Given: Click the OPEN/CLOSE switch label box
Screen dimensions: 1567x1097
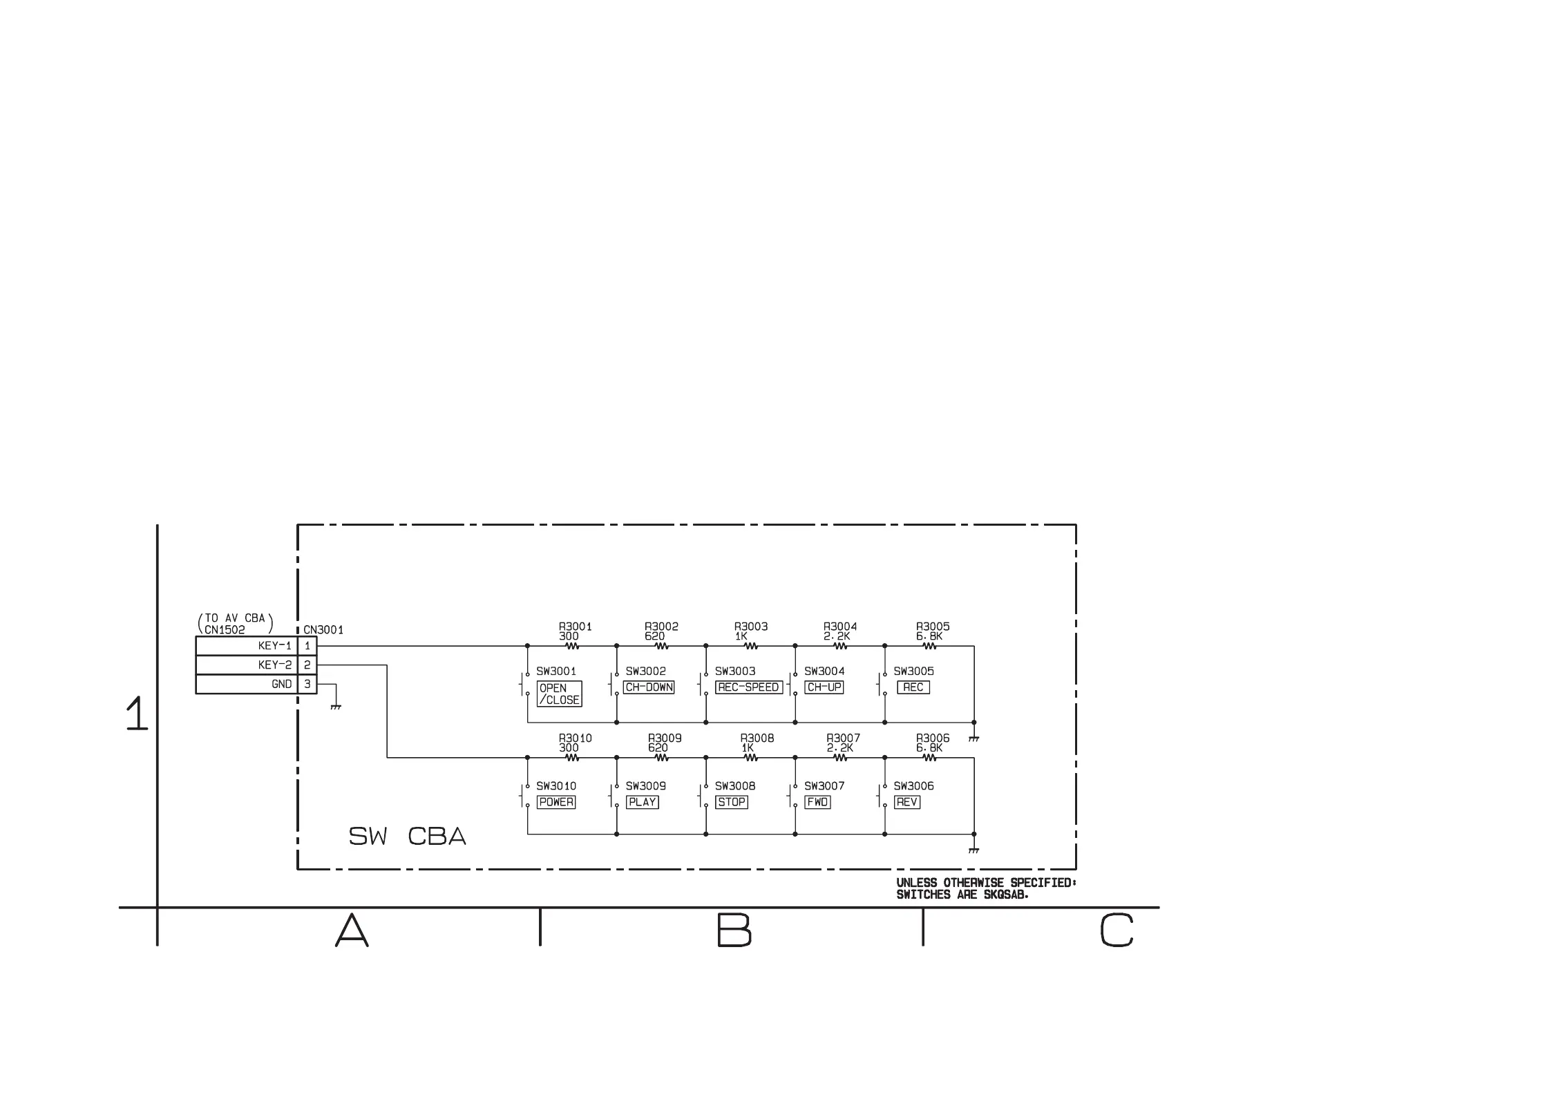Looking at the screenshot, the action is coord(559,694).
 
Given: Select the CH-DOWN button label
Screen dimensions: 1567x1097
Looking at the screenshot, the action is coord(649,687).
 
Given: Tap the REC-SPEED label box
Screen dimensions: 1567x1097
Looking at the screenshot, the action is coord(749,687).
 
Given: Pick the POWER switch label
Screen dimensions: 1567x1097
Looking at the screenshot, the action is coord(556,802).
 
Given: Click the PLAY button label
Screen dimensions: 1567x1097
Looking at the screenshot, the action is coord(643,802).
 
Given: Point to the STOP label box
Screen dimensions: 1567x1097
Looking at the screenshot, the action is coord(732,802).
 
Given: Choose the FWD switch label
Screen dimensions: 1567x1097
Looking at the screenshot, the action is coord(817,802).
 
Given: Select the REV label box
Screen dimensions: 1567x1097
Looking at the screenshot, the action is coord(906,802).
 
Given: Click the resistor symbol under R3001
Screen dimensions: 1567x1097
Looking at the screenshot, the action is coord(572,647).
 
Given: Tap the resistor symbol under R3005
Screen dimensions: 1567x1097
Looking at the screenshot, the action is coord(929,647).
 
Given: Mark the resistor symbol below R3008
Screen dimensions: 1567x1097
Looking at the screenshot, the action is coord(751,758).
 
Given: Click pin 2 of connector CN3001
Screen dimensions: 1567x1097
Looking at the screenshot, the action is coord(307,665).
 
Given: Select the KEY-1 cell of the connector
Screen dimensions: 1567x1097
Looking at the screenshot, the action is coord(247,646).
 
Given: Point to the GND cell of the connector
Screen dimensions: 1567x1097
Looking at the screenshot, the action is coord(247,684).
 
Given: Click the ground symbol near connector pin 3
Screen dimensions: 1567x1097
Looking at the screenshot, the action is coord(336,706).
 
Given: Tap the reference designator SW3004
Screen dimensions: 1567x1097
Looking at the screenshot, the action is coord(824,671).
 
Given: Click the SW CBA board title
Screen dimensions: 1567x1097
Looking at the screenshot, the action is coord(407,837).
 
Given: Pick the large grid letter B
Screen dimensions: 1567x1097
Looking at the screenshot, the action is coord(734,930).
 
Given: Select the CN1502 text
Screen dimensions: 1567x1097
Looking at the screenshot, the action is coord(225,630).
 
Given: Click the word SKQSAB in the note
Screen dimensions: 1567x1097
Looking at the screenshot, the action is coord(1006,895).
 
